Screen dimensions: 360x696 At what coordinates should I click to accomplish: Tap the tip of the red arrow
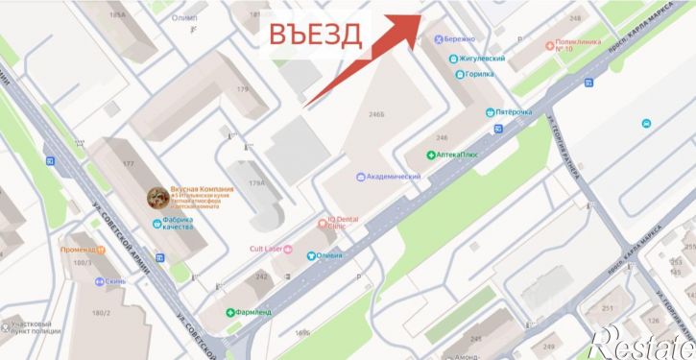tap(420, 16)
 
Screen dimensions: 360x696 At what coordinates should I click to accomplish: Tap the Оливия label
tap(325, 255)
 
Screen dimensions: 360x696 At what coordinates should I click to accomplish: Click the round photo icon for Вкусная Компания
tap(156, 197)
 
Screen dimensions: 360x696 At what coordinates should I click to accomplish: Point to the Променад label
tap(78, 250)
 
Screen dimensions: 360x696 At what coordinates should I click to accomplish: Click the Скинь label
tap(113, 283)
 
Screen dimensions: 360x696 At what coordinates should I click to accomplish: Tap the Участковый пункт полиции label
tap(36, 330)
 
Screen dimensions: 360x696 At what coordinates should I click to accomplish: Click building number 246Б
tap(376, 113)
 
